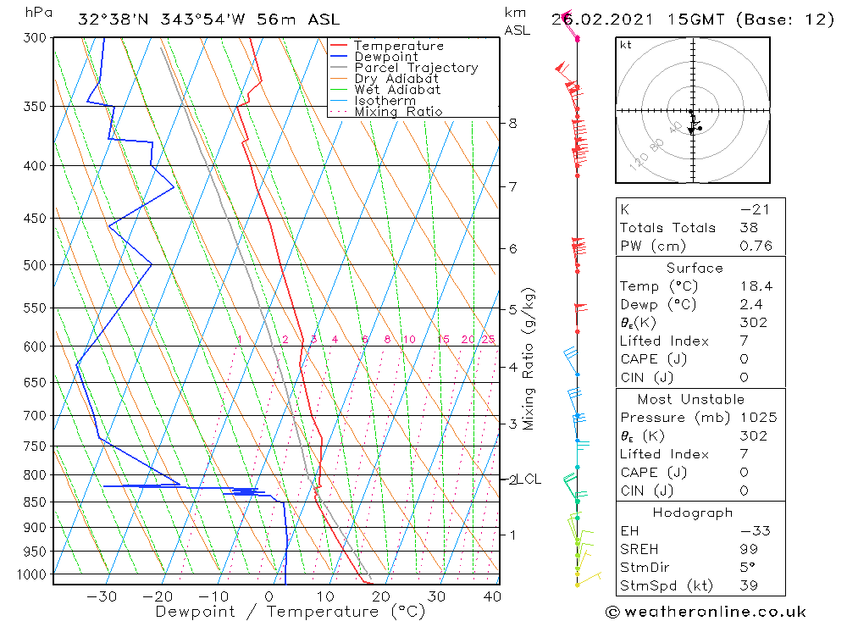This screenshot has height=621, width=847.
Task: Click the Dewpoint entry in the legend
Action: pyautogui.click(x=385, y=57)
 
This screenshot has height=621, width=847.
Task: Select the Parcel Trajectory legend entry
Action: pyautogui.click(x=416, y=68)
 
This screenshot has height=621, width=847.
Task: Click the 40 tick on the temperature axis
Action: pyautogui.click(x=491, y=596)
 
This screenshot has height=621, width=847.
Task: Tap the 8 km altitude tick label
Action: pyautogui.click(x=512, y=123)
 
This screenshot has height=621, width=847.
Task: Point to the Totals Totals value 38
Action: pyautogui.click(x=749, y=228)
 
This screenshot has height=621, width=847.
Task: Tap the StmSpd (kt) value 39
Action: pyautogui.click(x=749, y=586)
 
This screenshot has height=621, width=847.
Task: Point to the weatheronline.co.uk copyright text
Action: pyautogui.click(x=705, y=612)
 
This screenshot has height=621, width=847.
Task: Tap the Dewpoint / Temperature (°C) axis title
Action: pyautogui.click(x=291, y=611)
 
